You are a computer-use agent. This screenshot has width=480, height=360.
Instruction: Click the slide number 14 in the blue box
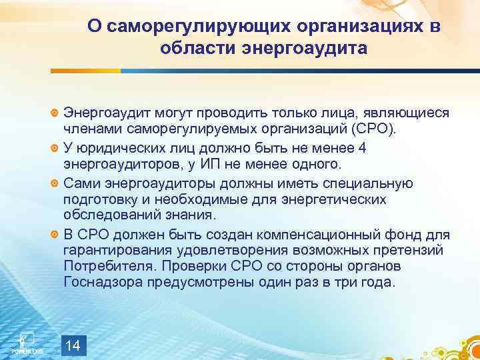tap(75, 345)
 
